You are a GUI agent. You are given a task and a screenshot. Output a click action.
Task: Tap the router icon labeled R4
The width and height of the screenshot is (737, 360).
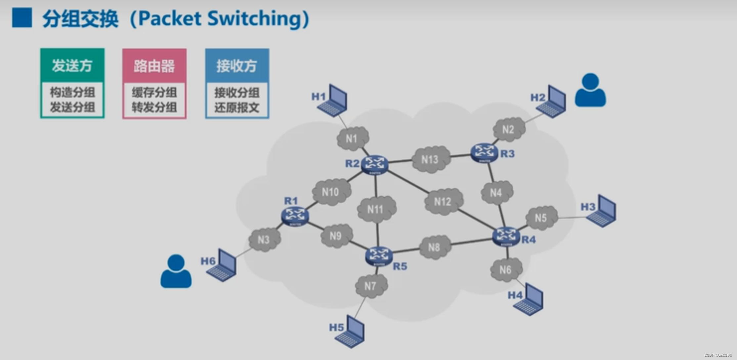[506, 236]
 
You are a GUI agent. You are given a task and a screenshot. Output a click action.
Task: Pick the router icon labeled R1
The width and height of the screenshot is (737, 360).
[295, 217]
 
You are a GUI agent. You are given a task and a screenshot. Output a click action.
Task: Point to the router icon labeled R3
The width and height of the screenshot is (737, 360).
[484, 153]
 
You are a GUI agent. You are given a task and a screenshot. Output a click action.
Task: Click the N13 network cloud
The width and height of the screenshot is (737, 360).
[430, 160]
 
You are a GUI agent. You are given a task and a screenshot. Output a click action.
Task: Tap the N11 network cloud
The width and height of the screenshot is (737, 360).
[376, 209]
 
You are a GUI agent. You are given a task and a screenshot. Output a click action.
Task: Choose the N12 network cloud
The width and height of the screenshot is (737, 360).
[444, 201]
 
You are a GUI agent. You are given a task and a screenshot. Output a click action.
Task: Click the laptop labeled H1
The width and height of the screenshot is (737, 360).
[332, 100]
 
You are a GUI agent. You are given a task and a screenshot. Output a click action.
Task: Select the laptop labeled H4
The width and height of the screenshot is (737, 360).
[529, 299]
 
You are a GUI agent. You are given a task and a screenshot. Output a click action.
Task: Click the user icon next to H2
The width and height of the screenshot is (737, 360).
[590, 90]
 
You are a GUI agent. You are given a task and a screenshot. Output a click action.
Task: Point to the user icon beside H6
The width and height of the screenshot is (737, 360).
[176, 271]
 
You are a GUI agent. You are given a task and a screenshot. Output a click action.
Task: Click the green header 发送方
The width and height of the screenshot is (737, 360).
[72, 65]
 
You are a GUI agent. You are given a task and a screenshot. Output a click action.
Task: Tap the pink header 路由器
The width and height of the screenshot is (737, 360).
[154, 66]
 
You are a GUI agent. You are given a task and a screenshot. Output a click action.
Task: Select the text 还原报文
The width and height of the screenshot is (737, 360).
[237, 107]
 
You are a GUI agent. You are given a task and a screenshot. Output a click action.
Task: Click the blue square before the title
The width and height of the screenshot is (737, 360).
[22, 18]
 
